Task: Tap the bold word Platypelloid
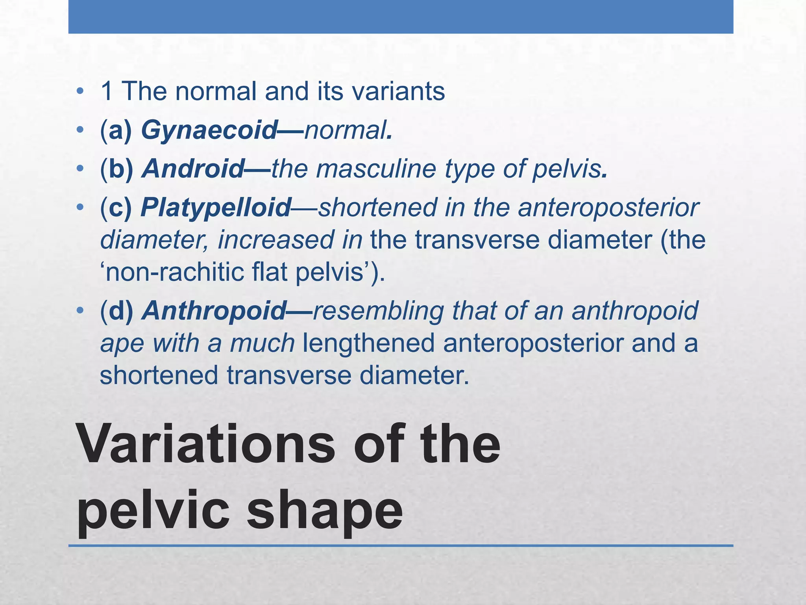(216, 208)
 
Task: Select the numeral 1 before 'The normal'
(107, 91)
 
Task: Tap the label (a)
(116, 130)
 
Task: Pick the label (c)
(116, 208)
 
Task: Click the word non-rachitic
(173, 272)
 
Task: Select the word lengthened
(368, 343)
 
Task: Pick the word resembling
(379, 310)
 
